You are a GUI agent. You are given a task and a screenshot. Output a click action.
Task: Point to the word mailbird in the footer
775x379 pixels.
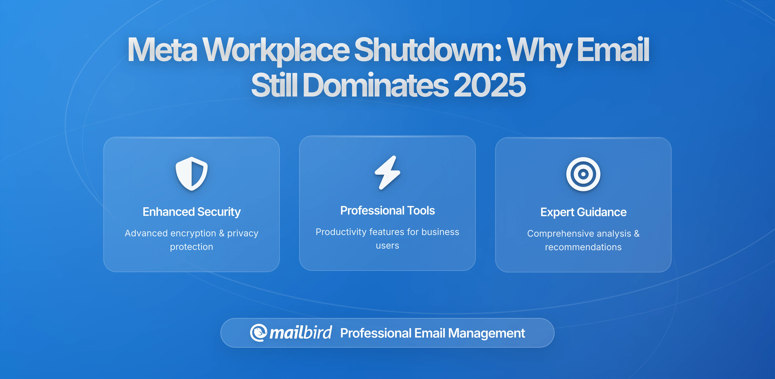click(x=300, y=333)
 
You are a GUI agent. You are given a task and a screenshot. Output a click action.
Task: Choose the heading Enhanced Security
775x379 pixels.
click(x=192, y=212)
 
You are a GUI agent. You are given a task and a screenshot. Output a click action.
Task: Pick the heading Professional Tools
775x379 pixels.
click(x=387, y=210)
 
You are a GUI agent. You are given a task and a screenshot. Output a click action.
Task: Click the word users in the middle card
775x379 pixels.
click(x=387, y=246)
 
